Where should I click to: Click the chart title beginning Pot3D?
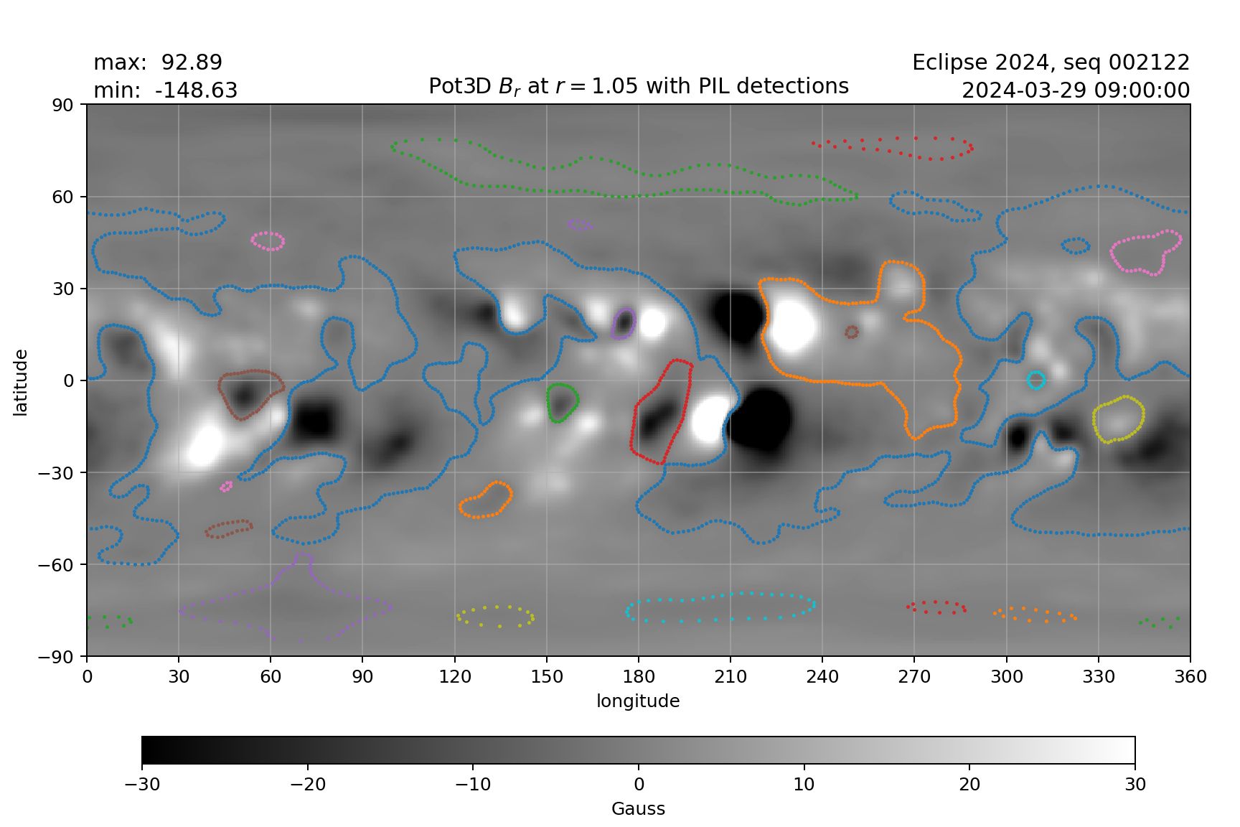click(x=638, y=86)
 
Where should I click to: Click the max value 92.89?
click(x=192, y=62)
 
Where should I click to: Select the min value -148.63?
click(x=196, y=91)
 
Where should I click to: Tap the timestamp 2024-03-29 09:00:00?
click(x=1076, y=91)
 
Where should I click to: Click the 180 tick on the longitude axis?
click(x=639, y=677)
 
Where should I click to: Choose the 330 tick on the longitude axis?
click(x=1099, y=677)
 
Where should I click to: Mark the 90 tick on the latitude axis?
click(x=63, y=105)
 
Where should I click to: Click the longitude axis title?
click(x=638, y=701)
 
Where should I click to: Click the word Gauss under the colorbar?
click(x=638, y=809)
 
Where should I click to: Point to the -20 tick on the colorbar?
click(x=307, y=784)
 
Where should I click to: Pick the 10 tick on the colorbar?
click(x=804, y=784)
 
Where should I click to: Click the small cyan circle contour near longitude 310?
click(x=1035, y=380)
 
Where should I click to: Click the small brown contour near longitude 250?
click(x=852, y=332)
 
